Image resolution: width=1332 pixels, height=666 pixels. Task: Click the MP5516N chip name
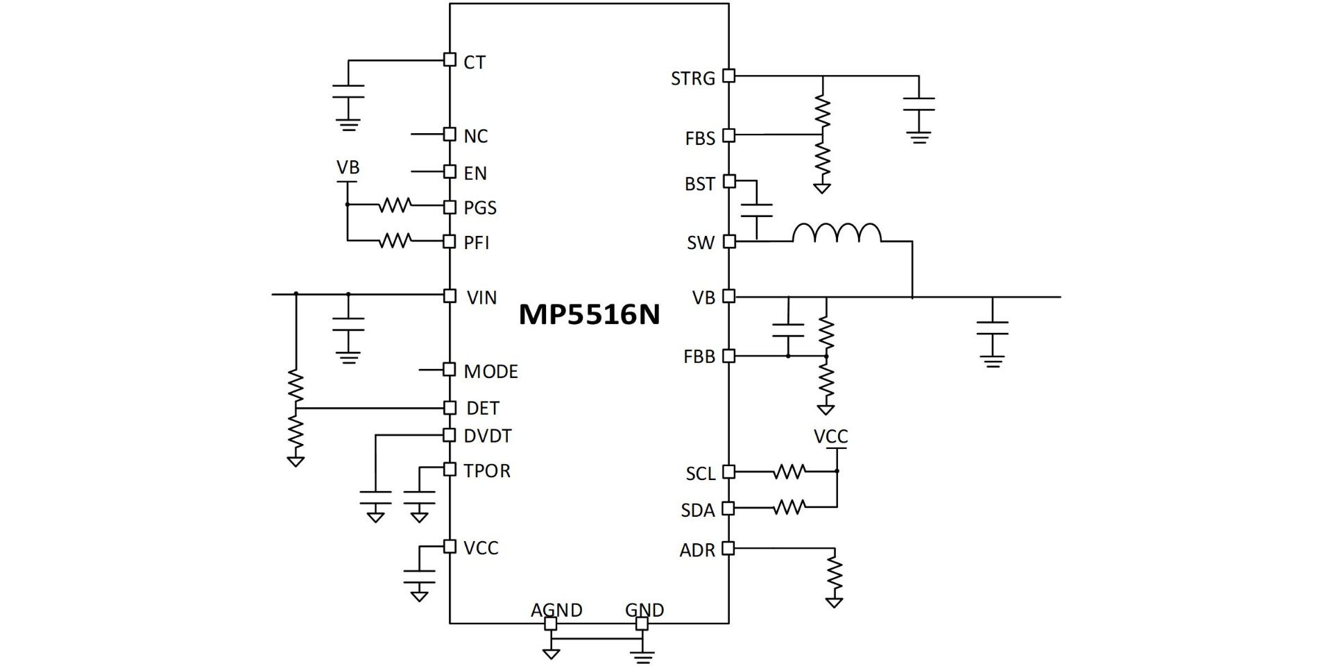click(589, 314)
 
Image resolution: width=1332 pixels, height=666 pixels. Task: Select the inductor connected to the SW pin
click(837, 233)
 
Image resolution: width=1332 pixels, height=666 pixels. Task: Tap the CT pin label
click(475, 62)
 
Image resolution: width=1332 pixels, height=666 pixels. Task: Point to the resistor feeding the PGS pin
click(395, 205)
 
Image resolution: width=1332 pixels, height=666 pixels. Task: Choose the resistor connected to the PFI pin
click(395, 241)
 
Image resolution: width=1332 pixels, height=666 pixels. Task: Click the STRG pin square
click(728, 76)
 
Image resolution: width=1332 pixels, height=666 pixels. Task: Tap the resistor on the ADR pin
click(834, 573)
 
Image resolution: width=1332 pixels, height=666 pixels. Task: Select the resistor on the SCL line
click(789, 472)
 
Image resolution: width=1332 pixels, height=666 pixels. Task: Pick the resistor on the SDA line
click(789, 508)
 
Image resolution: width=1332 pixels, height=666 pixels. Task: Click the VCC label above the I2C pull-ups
click(830, 436)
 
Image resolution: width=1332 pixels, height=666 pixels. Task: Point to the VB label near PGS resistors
click(348, 168)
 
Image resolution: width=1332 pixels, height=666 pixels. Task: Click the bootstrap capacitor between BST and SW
click(756, 211)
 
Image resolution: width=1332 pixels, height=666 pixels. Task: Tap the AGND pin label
click(556, 610)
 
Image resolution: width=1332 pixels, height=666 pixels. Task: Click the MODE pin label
click(490, 372)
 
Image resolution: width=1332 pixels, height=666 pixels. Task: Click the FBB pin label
click(699, 357)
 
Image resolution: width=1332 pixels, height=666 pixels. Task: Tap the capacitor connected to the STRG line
click(919, 104)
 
